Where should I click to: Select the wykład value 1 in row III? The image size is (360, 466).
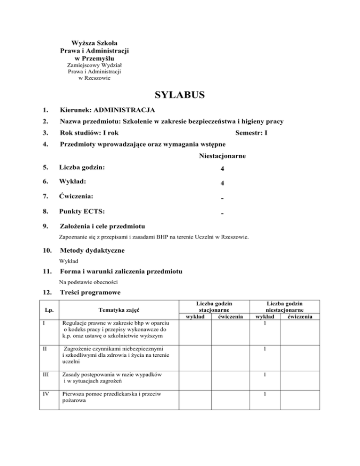[265, 375]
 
